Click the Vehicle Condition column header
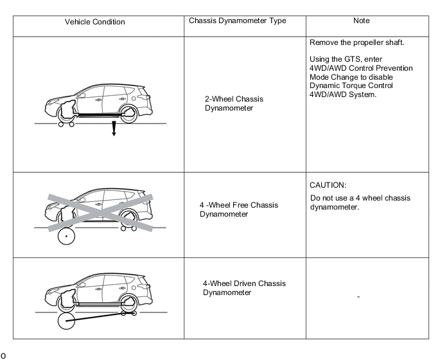tap(94, 22)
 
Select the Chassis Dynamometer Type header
tap(237, 21)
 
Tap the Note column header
tap(362, 21)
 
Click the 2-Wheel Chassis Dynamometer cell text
tap(234, 104)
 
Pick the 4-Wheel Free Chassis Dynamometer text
tap(238, 210)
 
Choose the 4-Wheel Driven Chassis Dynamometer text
tap(244, 288)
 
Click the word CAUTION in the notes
tap(328, 185)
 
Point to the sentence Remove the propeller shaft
tap(357, 43)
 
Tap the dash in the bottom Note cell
tap(358, 297)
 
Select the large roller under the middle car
tap(66, 237)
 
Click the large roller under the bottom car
tap(66, 322)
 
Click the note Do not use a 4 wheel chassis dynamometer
tap(359, 203)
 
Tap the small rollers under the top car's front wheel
tap(66, 124)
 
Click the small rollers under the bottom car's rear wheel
tap(128, 314)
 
